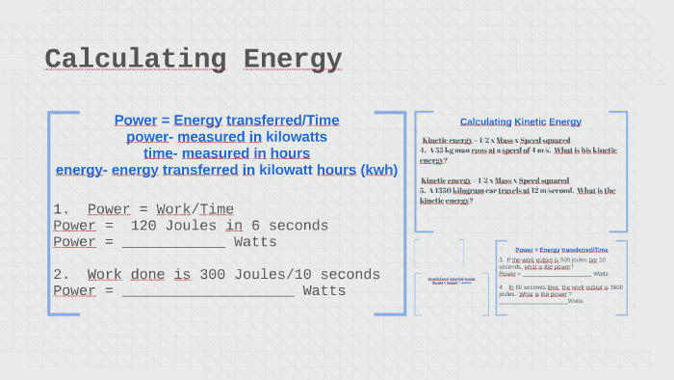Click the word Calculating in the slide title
(x=135, y=60)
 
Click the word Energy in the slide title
(x=293, y=60)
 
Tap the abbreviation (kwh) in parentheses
(x=378, y=170)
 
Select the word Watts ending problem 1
(x=255, y=242)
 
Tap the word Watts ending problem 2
(x=324, y=290)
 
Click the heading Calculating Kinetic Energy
(x=520, y=122)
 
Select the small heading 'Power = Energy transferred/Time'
(x=561, y=250)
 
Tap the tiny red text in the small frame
(x=451, y=281)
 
